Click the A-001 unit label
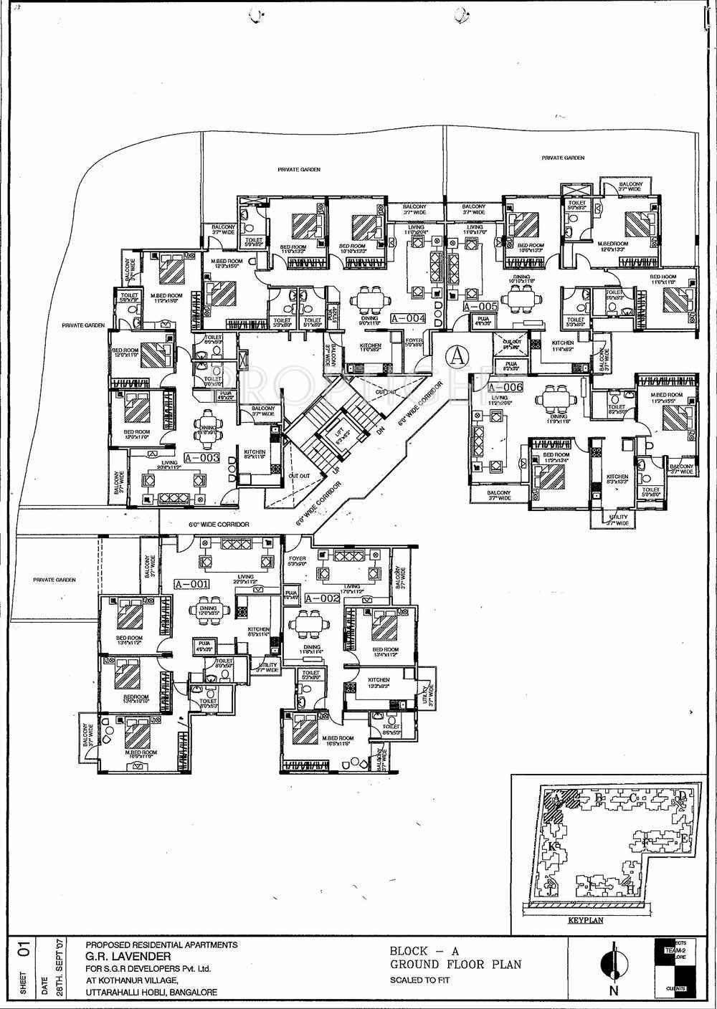pyautogui.click(x=192, y=584)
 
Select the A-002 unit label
pyautogui.click(x=321, y=598)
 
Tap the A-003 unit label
pyautogui.click(x=201, y=458)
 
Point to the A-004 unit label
pyautogui.click(x=409, y=318)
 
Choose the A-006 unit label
pyautogui.click(x=505, y=387)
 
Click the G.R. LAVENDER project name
pyautogui.click(x=128, y=956)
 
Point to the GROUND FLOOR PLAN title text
pyautogui.click(x=455, y=965)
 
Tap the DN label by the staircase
pyautogui.click(x=381, y=431)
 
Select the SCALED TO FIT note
pyautogui.click(x=414, y=980)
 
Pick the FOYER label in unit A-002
pyautogui.click(x=297, y=558)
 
